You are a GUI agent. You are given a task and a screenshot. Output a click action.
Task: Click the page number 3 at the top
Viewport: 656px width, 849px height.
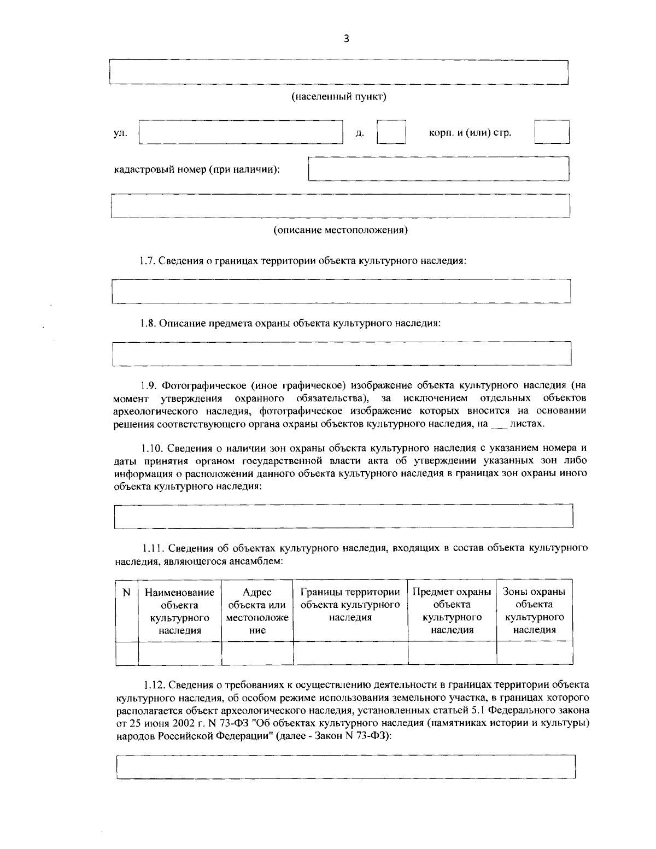coord(345,39)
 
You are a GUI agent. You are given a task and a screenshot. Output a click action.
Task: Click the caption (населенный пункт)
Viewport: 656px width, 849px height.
coord(338,97)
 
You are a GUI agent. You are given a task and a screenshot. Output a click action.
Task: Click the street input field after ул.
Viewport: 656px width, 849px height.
coord(241,132)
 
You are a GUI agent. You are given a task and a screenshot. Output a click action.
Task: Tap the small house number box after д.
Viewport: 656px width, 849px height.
coord(391,132)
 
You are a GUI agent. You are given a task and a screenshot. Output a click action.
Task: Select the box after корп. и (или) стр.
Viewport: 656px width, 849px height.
coord(552,132)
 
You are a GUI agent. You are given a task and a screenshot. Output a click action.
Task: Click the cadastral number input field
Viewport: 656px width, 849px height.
coord(438,169)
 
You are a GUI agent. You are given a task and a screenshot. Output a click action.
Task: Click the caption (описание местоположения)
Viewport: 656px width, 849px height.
coord(341,230)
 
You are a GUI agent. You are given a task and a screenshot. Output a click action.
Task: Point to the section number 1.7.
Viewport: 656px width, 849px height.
coord(148,261)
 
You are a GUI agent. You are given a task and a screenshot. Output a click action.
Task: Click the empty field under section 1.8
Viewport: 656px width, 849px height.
coord(342,354)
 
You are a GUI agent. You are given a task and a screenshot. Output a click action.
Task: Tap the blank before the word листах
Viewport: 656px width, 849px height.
coord(498,424)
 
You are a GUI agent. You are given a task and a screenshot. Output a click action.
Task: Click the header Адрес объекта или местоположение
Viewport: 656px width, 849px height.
coord(257,611)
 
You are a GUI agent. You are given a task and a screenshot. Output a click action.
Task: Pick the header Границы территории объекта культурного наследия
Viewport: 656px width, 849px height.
coord(350,605)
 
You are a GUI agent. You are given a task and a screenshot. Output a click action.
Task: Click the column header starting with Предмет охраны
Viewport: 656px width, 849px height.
coord(452,611)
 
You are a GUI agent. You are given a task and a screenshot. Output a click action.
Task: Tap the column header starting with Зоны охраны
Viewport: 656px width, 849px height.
coord(534,611)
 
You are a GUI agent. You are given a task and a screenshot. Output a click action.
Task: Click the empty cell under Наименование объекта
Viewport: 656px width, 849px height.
coord(180,653)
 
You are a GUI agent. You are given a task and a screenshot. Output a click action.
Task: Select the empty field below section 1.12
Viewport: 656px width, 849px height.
coord(345,766)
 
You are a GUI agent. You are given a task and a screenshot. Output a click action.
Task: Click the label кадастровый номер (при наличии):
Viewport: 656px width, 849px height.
coord(197,169)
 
